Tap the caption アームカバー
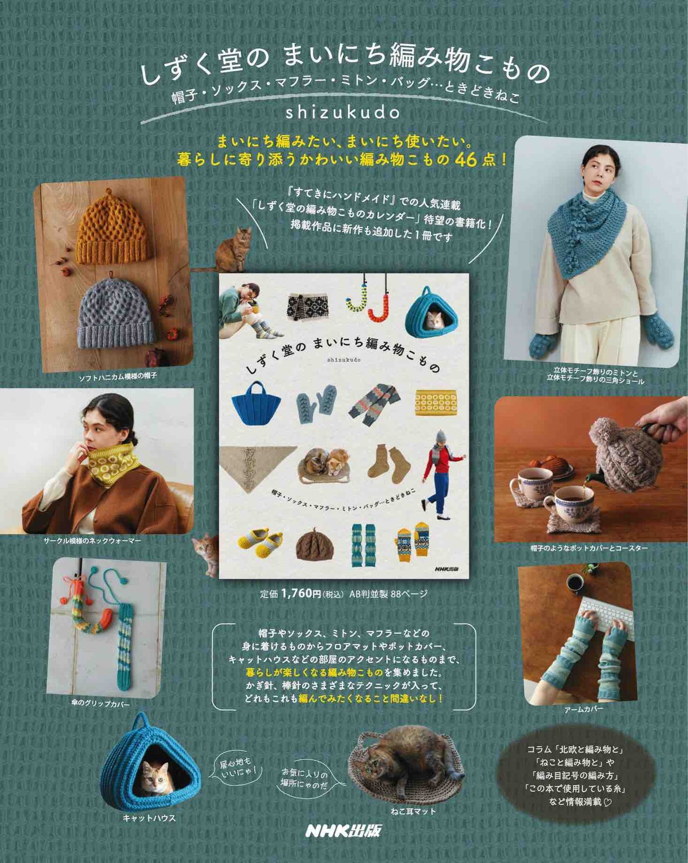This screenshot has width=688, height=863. (583, 708)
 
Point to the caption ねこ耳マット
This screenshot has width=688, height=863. (413, 811)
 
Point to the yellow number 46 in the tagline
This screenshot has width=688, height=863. (465, 160)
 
